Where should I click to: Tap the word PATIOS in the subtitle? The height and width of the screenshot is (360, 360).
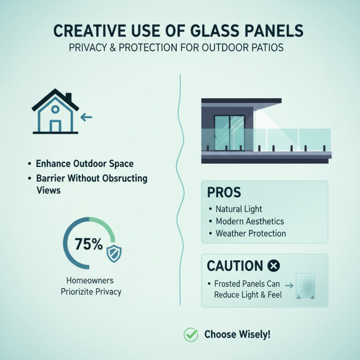pyautogui.click(x=267, y=48)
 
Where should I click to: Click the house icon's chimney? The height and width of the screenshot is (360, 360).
pyautogui.click(x=69, y=98)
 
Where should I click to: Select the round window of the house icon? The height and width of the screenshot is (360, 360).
pyautogui.click(x=55, y=109)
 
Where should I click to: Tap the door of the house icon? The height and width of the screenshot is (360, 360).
pyautogui.click(x=55, y=126)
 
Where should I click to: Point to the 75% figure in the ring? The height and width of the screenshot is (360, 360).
pyautogui.click(x=89, y=244)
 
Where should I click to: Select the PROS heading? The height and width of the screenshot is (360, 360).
pyautogui.click(x=224, y=193)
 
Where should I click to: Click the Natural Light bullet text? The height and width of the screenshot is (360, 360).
pyautogui.click(x=238, y=209)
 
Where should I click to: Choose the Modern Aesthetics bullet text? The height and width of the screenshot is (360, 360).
pyautogui.click(x=250, y=221)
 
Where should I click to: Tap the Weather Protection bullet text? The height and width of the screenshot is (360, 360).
pyautogui.click(x=251, y=234)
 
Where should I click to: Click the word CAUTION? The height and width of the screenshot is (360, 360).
pyautogui.click(x=234, y=266)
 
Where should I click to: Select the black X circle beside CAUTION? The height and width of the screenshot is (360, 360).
pyautogui.click(x=274, y=266)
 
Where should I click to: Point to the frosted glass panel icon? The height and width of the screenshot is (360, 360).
pyautogui.click(x=306, y=286)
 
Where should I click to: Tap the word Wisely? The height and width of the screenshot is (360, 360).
pyautogui.click(x=255, y=335)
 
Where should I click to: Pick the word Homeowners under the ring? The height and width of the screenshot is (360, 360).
pyautogui.click(x=91, y=279)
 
